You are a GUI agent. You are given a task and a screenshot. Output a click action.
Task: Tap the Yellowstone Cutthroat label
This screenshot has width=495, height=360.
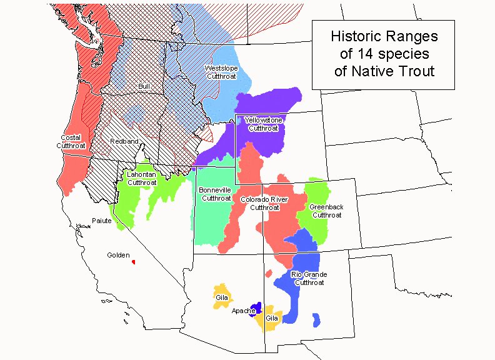263,124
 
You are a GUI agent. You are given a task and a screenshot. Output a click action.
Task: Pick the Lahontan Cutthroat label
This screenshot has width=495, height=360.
142,178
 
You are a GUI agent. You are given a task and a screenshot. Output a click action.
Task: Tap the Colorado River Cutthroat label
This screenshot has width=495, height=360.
264,203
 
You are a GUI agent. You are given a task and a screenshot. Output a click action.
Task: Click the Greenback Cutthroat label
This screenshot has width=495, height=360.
326,211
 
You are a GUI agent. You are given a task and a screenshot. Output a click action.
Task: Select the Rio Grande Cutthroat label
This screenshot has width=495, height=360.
309,278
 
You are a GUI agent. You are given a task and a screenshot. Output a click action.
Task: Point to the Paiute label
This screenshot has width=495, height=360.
101,221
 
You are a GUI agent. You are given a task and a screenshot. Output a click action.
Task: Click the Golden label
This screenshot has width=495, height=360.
118,255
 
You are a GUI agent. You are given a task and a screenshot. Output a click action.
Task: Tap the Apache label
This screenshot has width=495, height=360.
242,311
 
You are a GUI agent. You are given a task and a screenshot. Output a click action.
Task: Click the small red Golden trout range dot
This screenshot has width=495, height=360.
133,261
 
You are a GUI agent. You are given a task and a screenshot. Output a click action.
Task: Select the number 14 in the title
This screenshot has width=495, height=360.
363,53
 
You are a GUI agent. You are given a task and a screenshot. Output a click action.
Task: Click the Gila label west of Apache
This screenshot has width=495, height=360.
222,297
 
